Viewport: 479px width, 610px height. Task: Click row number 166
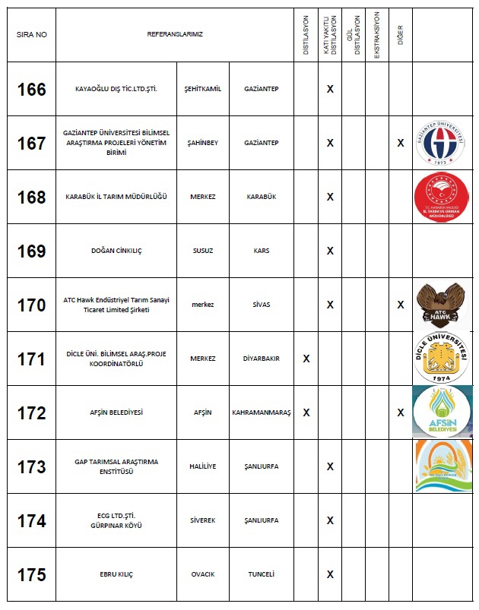[31, 89]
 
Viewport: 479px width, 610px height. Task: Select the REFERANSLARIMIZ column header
[175, 35]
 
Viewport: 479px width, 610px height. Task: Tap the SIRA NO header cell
[31, 35]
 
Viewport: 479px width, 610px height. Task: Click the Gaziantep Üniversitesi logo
[441, 143]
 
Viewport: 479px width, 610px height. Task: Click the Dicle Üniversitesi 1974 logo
[441, 358]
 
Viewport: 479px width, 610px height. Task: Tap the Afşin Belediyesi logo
[441, 412]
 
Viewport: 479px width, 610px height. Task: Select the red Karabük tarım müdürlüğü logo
[441, 197]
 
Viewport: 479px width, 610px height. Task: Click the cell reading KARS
[262, 251]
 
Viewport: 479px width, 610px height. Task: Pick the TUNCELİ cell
[262, 574]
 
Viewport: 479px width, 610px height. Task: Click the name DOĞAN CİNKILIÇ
[116, 251]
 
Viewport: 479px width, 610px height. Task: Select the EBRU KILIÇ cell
[116, 574]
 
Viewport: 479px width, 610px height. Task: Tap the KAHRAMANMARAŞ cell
[262, 412]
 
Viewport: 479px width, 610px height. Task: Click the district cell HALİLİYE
[203, 466]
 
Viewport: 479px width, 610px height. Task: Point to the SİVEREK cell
[203, 520]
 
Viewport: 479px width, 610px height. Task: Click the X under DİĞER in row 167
[401, 143]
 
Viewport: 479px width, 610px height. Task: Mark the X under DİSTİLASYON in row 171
[306, 359]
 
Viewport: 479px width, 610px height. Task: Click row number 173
[31, 466]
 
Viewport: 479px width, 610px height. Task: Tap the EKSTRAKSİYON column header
[377, 35]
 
